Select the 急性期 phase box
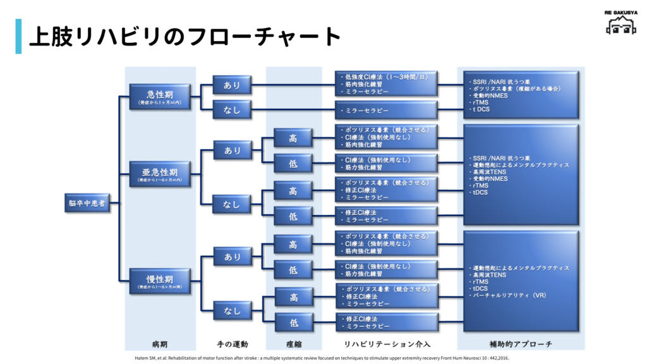[160, 97]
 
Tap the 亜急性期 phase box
[160, 174]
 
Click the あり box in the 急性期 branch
[232, 85]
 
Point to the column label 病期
[160, 344]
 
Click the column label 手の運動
[232, 344]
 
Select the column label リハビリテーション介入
[387, 344]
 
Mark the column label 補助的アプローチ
[521, 344]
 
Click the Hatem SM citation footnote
[322, 358]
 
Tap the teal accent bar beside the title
[18, 36]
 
